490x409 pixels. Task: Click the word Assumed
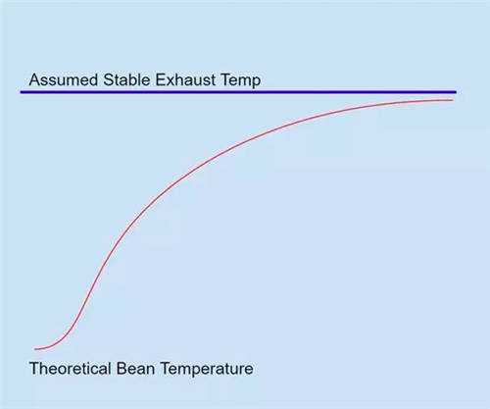[x=64, y=79]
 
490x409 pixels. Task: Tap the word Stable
[x=127, y=79]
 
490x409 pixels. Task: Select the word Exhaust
[x=185, y=79]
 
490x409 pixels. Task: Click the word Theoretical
[x=71, y=369]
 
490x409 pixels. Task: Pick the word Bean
[x=135, y=369]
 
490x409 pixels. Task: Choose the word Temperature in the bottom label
[x=207, y=369]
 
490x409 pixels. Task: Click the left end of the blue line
[x=21, y=92]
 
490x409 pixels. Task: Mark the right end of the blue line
[x=456, y=92]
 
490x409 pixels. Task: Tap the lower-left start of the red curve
[x=35, y=349]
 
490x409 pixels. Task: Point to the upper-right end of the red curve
[x=453, y=100]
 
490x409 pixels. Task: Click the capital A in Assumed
[x=35, y=79]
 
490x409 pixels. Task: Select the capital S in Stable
[x=109, y=79]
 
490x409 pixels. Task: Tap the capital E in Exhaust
[x=160, y=79]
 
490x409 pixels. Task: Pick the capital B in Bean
[x=122, y=369]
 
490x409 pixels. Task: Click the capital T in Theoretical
[x=34, y=369]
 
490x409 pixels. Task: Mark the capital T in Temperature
[x=166, y=369]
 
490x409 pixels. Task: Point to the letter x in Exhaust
[x=170, y=81]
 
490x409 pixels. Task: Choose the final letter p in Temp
[x=257, y=83]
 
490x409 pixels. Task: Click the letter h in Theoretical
[x=45, y=369]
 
